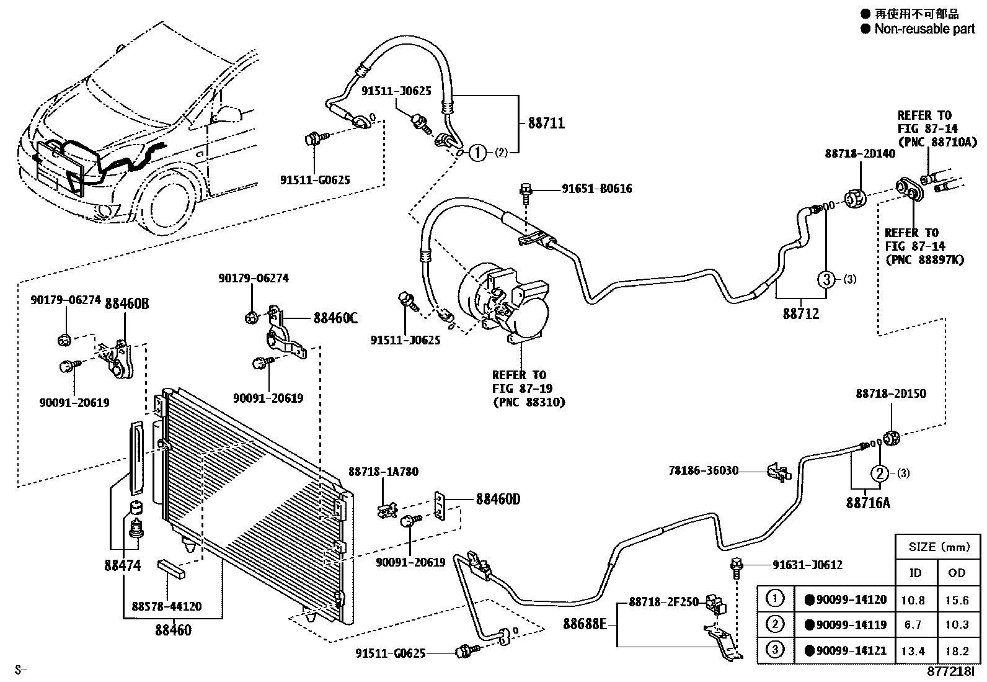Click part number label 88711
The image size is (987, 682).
[546, 123]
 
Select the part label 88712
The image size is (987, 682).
[800, 313]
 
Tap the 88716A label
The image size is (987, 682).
[868, 503]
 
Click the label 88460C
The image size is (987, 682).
[336, 318]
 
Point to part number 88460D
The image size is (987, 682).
[498, 500]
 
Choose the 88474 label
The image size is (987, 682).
[123, 565]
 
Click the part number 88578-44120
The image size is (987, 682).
[167, 606]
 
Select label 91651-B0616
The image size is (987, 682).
[597, 189]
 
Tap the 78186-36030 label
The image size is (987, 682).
[703, 470]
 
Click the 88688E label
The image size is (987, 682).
[585, 624]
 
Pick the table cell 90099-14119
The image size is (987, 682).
[846, 625]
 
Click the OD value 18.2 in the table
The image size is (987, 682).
[957, 651]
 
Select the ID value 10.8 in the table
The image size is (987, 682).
[913, 600]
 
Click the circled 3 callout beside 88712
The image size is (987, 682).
[826, 279]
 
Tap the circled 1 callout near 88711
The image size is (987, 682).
[477, 153]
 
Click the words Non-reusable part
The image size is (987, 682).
[925, 29]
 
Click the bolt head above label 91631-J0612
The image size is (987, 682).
[737, 564]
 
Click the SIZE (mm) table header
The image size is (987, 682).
[939, 547]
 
